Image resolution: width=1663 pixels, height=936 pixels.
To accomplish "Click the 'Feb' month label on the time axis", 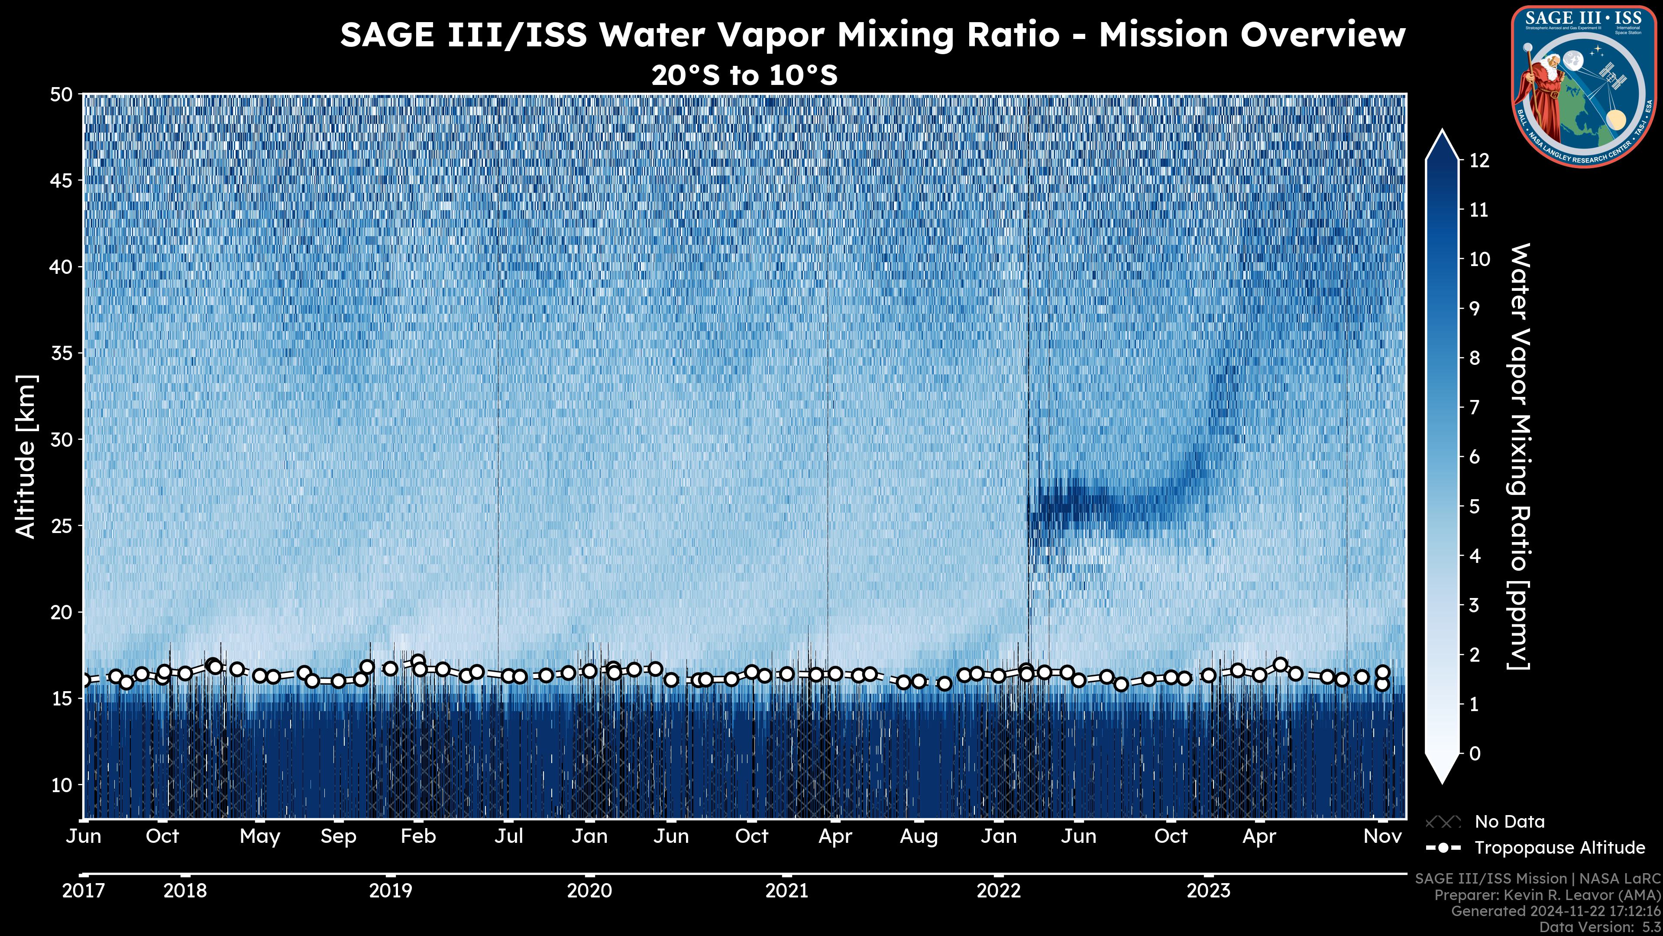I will coord(418,836).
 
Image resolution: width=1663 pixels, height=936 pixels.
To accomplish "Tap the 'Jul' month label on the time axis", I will coord(509,836).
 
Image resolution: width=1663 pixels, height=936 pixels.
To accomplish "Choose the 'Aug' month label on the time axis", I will coord(919,836).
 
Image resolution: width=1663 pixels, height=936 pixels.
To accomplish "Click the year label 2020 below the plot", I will coord(589,891).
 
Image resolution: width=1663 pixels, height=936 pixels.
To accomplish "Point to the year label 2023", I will coord(1209,891).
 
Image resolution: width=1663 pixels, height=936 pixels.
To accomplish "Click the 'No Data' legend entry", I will coord(1509,822).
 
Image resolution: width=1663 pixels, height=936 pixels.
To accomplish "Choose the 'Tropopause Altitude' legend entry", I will coord(1559,848).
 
